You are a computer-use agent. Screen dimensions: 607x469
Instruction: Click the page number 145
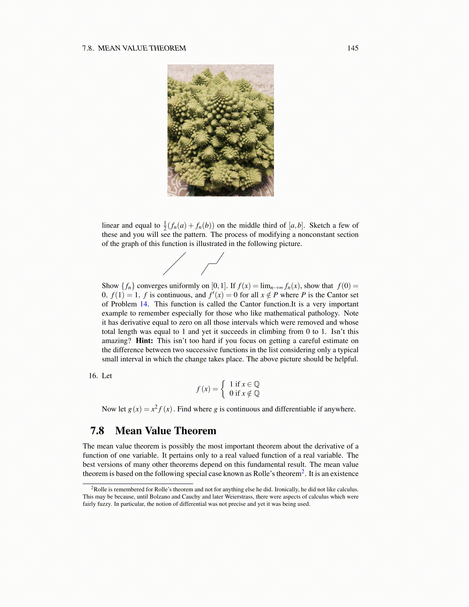tap(353, 48)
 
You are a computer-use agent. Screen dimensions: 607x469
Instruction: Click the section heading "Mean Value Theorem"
tap(166, 431)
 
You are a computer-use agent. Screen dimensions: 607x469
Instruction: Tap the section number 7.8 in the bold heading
tap(97, 431)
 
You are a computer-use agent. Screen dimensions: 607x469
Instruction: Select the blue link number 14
tap(143, 304)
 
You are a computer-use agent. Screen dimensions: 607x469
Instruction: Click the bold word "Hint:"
tap(144, 341)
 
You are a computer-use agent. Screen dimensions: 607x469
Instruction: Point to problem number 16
tap(93, 376)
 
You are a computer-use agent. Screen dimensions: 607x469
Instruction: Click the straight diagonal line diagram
tap(174, 264)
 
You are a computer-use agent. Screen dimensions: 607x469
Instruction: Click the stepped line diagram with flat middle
tap(212, 264)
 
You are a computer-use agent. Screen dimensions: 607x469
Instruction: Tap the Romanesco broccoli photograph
tap(220, 130)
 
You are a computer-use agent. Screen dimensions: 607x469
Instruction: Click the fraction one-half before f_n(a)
tap(165, 226)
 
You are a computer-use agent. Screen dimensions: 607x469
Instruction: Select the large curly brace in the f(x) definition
tap(224, 389)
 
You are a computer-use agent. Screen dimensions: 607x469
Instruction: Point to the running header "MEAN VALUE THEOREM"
tap(142, 48)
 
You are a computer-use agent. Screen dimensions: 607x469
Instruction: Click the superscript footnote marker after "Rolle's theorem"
tap(303, 471)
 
